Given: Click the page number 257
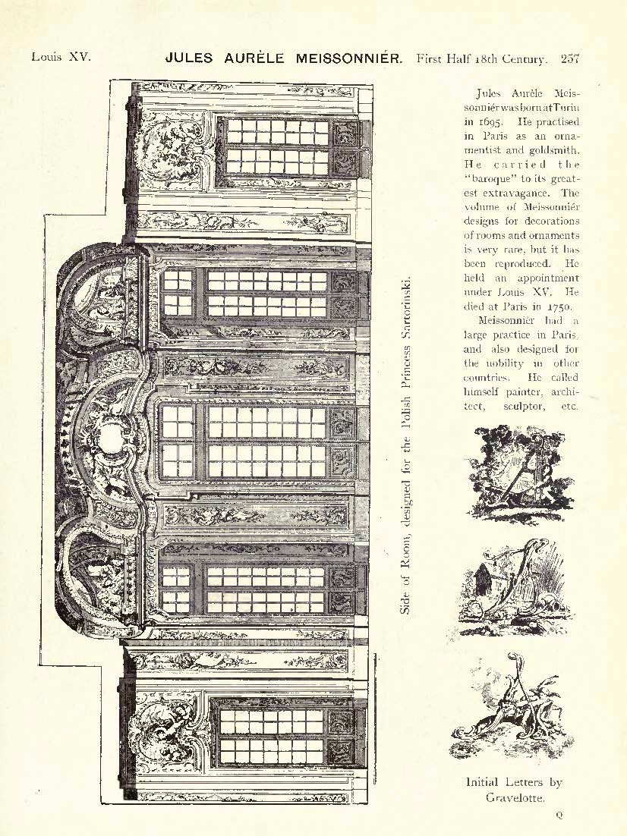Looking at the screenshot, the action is tap(570, 58).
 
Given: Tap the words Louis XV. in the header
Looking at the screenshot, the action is tap(61, 56).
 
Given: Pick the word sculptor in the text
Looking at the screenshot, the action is tap(524, 407).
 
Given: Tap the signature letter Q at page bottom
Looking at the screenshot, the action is tap(559, 815).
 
